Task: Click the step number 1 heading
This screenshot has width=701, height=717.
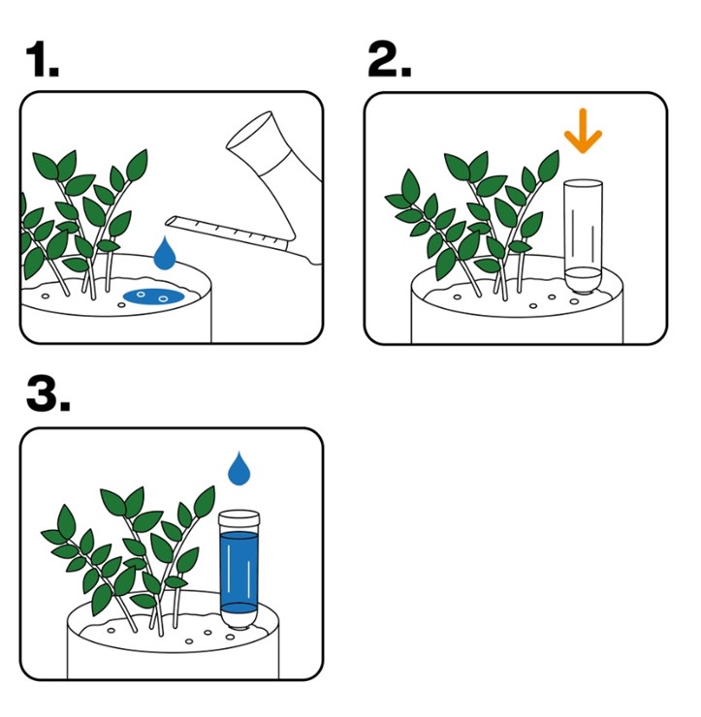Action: point(43,58)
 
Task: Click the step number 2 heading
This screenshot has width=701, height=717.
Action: point(390,58)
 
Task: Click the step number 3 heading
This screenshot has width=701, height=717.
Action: point(48,393)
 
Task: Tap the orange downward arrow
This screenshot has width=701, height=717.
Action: point(583,131)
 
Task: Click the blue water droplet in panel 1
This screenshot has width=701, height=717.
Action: point(165,253)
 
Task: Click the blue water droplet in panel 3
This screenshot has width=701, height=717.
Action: point(239,468)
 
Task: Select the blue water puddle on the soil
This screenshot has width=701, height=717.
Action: point(154,296)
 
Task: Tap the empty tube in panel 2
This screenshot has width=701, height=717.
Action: point(583,236)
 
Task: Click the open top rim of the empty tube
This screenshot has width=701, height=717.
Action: point(583,183)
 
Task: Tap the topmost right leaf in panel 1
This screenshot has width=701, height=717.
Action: point(137,165)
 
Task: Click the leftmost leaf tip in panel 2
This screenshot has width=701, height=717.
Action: point(386,198)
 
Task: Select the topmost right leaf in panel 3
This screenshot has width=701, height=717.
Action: point(204,502)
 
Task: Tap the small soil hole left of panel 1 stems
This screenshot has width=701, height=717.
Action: point(46,296)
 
